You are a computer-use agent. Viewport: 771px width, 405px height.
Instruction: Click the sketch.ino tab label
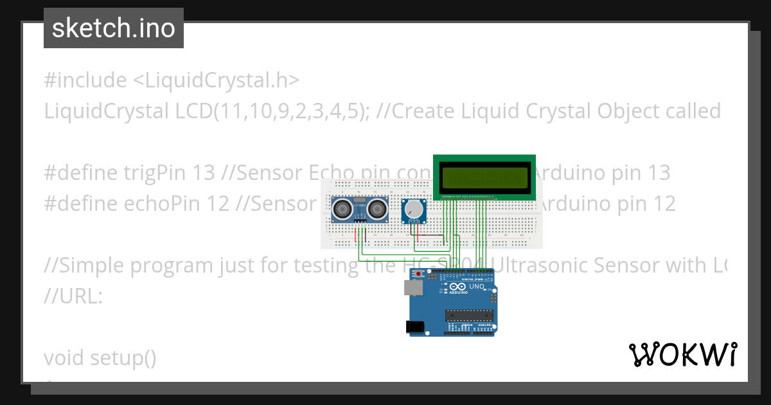click(114, 28)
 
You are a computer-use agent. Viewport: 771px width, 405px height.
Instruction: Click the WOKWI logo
click(682, 354)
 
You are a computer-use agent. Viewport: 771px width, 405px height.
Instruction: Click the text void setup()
click(100, 357)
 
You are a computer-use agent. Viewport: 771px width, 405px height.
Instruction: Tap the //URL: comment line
click(73, 296)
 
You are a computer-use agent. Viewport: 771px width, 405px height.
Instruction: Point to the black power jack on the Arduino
click(417, 327)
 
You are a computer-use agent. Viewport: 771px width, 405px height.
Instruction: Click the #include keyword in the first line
click(85, 80)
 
